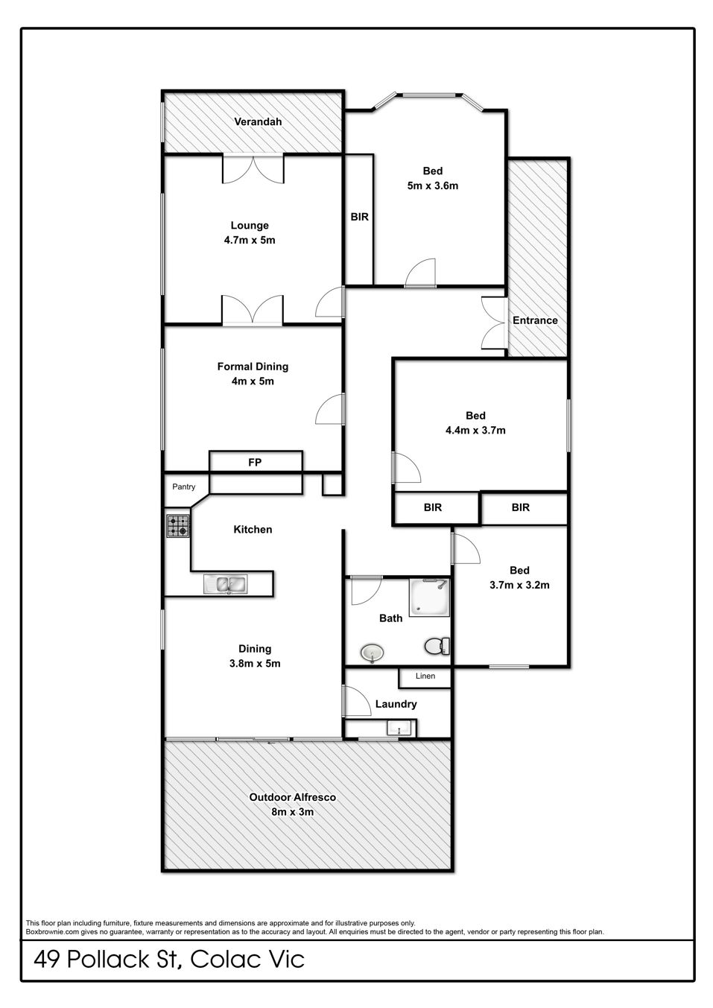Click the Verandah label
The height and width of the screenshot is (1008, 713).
[258, 121]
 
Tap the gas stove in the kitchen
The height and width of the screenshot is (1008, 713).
[178, 526]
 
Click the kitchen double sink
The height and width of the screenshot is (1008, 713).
[225, 584]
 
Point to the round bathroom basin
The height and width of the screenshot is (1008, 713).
[373, 653]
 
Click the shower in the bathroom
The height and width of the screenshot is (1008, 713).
[429, 597]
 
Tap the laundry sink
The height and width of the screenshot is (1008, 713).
[399, 727]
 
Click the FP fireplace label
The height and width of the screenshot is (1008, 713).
[255, 462]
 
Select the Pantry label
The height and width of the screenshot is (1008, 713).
[183, 487]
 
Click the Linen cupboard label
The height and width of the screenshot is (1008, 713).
[425, 676]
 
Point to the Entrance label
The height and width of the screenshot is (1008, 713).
[535, 320]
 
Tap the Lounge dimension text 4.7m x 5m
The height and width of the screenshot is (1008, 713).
[250, 240]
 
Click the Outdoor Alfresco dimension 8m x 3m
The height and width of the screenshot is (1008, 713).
[293, 812]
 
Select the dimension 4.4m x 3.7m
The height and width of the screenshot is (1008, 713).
[475, 430]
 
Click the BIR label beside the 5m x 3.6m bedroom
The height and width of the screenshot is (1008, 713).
[360, 217]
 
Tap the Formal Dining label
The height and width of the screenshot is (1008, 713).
[253, 367]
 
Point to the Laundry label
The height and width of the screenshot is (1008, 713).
[396, 704]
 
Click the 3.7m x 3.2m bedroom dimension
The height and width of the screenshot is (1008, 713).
[519, 585]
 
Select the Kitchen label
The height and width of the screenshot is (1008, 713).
[253, 530]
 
